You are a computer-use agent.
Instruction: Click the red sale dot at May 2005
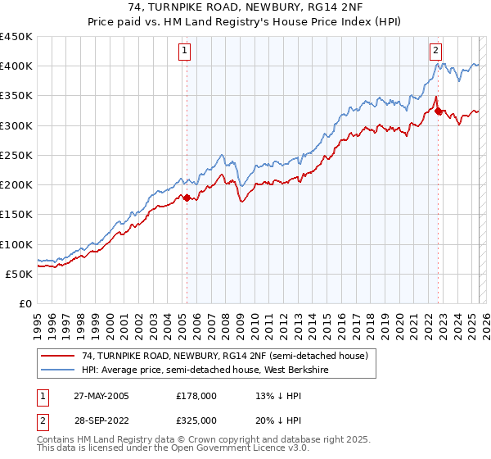(187, 198)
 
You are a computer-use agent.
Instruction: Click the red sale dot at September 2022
(438, 111)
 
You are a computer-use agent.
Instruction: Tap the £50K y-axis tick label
(19, 274)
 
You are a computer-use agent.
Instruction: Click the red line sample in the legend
(57, 356)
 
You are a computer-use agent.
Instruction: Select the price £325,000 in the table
(196, 420)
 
